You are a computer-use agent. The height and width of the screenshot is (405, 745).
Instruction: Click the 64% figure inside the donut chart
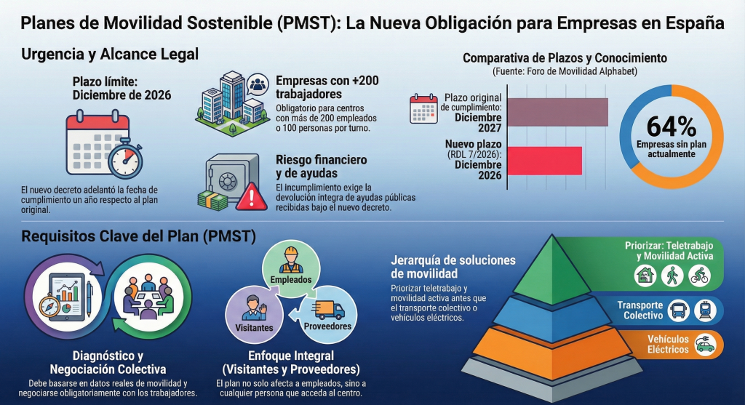tap(672, 127)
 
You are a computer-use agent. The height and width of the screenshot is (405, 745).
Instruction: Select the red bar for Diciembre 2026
tap(544, 161)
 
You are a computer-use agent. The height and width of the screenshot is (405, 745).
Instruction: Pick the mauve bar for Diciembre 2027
tap(558, 112)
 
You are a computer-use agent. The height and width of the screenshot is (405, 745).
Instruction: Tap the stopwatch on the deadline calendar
tap(125, 158)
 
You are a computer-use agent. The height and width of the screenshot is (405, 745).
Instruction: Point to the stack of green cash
tap(213, 201)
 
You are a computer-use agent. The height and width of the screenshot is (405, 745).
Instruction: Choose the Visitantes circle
tap(254, 314)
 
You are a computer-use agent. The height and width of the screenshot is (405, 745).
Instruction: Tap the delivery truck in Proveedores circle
tap(329, 310)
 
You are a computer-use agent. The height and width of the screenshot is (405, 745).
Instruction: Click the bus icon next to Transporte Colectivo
tap(679, 310)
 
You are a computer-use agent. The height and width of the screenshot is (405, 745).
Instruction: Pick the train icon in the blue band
tap(705, 310)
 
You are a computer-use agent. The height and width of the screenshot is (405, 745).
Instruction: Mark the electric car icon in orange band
tap(705, 344)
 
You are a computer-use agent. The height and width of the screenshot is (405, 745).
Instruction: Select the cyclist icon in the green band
tap(699, 276)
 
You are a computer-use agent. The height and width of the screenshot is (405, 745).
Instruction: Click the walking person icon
tap(672, 276)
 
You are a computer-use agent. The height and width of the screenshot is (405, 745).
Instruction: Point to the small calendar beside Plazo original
tap(423, 109)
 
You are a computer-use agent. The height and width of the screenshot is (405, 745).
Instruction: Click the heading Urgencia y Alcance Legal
tap(110, 54)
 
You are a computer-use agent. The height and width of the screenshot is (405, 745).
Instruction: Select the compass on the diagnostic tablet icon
tap(49, 306)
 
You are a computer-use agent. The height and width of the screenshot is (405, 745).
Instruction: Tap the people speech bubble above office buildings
tap(258, 85)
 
